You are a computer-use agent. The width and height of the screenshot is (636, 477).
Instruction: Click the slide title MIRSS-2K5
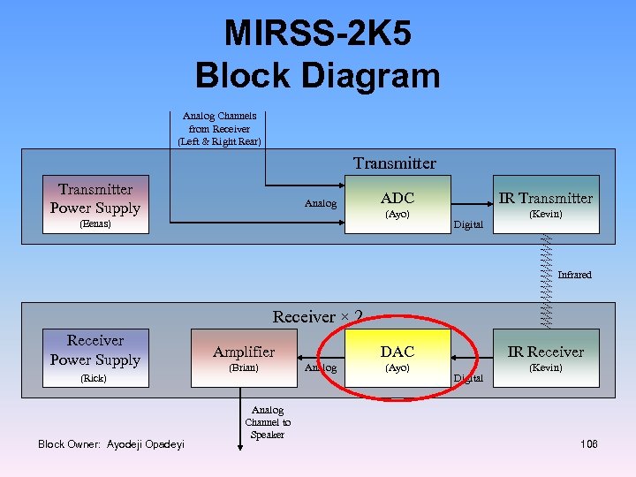(x=317, y=34)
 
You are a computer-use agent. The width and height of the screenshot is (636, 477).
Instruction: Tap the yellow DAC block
(x=397, y=358)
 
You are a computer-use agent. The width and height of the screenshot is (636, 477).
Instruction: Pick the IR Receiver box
(x=544, y=358)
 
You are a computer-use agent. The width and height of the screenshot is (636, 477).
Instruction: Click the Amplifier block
(x=244, y=358)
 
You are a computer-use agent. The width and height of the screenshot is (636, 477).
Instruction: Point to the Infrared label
(x=574, y=275)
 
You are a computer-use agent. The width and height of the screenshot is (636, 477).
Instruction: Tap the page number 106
(x=589, y=443)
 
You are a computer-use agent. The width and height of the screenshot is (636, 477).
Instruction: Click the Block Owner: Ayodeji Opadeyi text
(x=111, y=443)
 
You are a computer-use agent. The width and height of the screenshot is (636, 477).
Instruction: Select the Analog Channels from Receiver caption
(x=219, y=129)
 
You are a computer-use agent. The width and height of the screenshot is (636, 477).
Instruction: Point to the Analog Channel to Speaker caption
(x=268, y=422)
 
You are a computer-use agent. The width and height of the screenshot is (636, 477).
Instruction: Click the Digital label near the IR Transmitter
(x=468, y=224)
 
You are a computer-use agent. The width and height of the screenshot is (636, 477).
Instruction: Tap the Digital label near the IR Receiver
(x=468, y=378)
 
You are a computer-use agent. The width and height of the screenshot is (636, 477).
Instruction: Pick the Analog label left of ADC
(x=321, y=204)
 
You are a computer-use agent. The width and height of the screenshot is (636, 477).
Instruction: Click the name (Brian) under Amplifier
(x=243, y=367)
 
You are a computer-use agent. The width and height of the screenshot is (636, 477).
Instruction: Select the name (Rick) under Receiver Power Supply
(x=93, y=378)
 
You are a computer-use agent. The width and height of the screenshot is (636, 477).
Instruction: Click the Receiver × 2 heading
(x=318, y=316)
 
